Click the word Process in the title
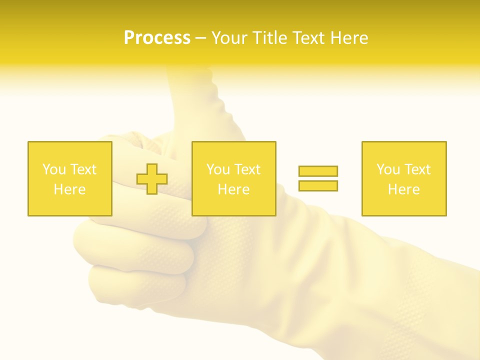(x=157, y=38)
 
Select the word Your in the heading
(x=230, y=38)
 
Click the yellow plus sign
(x=152, y=179)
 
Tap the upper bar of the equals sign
(x=318, y=171)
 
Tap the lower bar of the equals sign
(x=318, y=185)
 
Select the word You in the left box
(x=54, y=169)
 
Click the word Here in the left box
(x=69, y=189)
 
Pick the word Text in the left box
(x=83, y=169)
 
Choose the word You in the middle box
(x=218, y=169)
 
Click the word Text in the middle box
(x=247, y=169)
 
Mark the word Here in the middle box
(x=233, y=189)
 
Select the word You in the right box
(x=388, y=169)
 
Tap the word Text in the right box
(x=417, y=169)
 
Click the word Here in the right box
(x=403, y=189)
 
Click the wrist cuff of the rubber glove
(x=425, y=300)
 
